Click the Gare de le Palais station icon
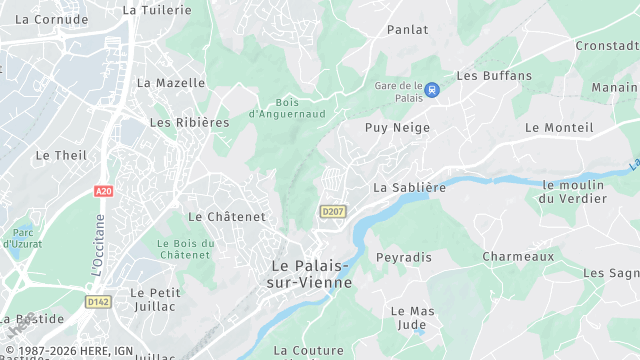click(x=431, y=90)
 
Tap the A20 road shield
click(x=104, y=190)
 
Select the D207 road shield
click(x=332, y=211)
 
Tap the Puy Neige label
click(x=397, y=128)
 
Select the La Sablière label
click(x=409, y=187)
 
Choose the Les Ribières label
click(x=189, y=122)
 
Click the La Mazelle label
click(x=171, y=83)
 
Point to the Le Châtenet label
click(x=227, y=216)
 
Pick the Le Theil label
click(x=61, y=155)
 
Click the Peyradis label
click(x=404, y=257)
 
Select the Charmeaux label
click(x=518, y=257)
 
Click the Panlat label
click(x=407, y=30)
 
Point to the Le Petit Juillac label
click(x=154, y=300)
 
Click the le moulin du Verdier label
click(x=575, y=192)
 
